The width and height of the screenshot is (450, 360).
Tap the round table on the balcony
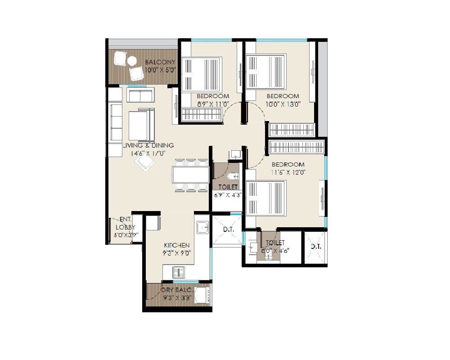132,61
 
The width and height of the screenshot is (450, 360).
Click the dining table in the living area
190,175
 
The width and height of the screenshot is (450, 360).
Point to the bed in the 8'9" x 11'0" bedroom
202,74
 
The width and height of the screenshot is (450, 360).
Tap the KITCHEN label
176,245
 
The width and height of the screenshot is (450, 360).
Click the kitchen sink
202,227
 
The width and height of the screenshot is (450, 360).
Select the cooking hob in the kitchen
179,272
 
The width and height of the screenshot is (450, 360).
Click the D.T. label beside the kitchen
228,230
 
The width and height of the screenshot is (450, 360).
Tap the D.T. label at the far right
316,247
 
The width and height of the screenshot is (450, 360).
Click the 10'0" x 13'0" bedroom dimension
283,103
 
